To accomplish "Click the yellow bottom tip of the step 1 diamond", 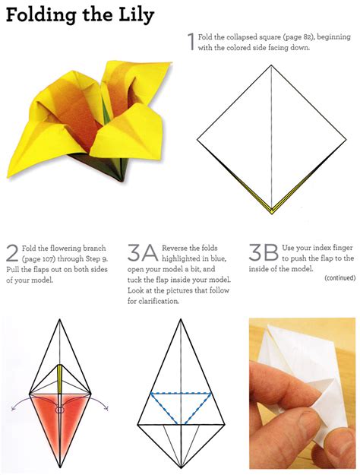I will click(270, 211).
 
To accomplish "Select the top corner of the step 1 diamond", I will click(271, 66).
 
